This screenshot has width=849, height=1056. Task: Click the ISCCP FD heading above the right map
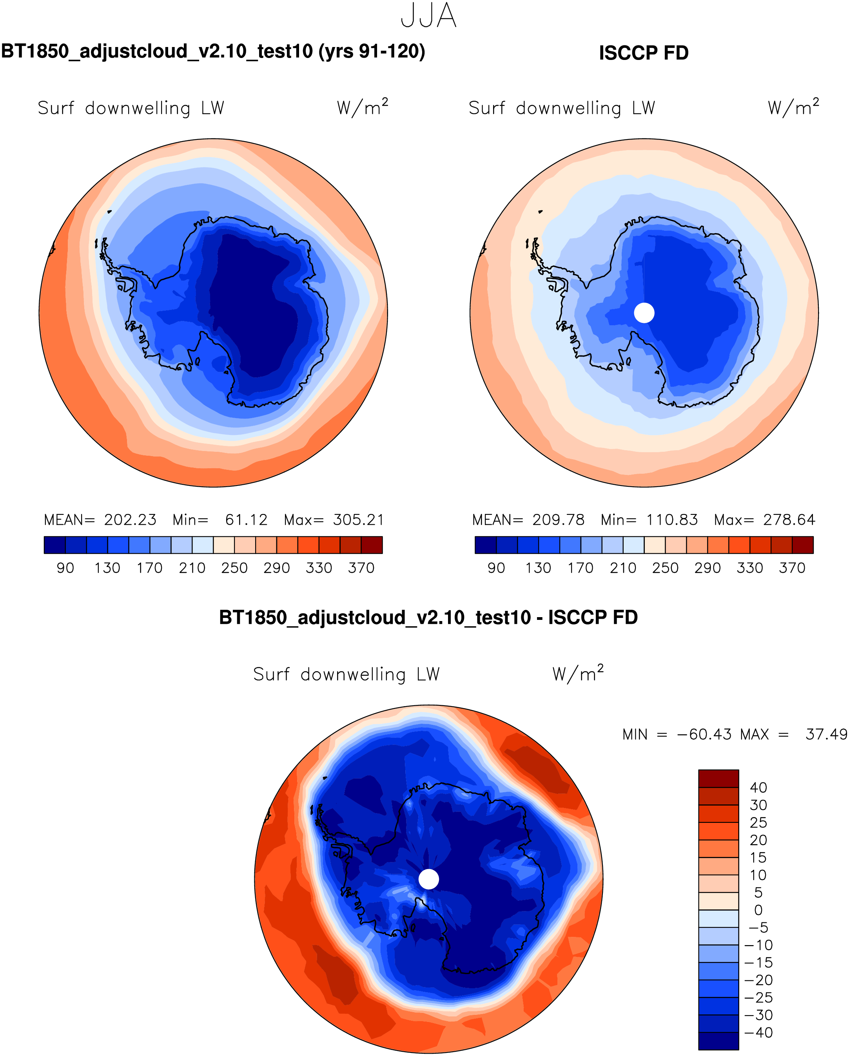click(x=643, y=53)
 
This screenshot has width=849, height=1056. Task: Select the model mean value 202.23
click(x=130, y=520)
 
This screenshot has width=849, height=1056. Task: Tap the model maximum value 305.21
click(x=359, y=520)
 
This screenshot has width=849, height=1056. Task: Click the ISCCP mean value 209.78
click(x=559, y=520)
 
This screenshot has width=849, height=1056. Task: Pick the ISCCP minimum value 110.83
click(x=672, y=520)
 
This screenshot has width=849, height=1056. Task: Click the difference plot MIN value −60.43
click(x=704, y=735)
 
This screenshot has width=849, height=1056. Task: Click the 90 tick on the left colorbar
click(x=65, y=568)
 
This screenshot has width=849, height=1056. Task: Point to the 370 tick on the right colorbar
click(x=792, y=568)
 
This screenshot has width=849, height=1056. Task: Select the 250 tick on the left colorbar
click(x=234, y=568)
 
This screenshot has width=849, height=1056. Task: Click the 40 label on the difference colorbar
click(x=758, y=788)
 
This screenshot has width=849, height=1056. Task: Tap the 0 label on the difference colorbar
click(x=758, y=910)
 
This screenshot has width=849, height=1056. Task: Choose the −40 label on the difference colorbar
click(x=758, y=1032)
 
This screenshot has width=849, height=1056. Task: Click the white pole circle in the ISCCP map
click(x=644, y=313)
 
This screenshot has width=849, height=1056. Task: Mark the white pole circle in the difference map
click(x=429, y=879)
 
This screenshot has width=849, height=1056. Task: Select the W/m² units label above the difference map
click(x=578, y=674)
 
